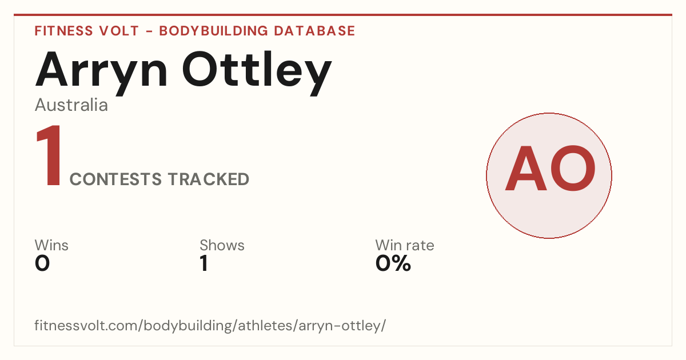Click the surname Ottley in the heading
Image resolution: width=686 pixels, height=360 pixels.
tap(257, 73)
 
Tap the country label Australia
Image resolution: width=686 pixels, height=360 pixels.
tap(71, 105)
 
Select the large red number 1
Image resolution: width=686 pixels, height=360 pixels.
tap(49, 155)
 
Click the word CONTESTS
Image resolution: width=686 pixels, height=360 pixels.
tap(115, 179)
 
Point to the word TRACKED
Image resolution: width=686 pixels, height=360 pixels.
tap(209, 179)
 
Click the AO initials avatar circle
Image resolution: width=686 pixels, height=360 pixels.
tap(549, 175)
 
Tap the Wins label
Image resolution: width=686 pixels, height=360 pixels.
tap(51, 245)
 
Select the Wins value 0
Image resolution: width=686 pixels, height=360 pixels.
tap(42, 263)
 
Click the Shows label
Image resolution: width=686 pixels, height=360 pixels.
tap(222, 245)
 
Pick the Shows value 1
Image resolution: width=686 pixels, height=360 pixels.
tap(204, 263)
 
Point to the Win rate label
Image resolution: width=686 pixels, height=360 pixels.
tap(405, 245)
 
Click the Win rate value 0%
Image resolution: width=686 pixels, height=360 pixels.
tap(393, 263)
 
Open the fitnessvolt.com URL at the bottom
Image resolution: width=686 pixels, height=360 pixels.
tap(210, 326)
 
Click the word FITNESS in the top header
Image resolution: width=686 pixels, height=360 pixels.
tap(64, 31)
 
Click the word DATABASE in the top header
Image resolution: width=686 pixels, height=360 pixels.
tap(314, 31)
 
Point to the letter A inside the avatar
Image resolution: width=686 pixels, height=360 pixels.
tap(526, 169)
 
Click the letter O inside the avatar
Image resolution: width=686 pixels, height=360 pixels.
tap(573, 169)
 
